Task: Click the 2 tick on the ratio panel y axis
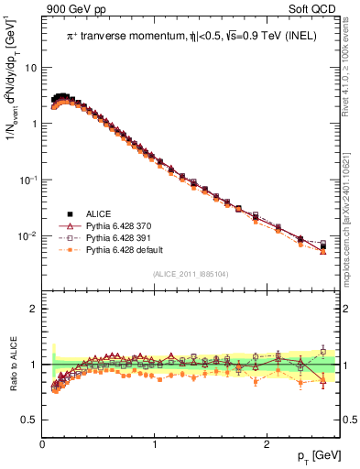tap(35, 309)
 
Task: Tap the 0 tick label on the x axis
tap(42, 444)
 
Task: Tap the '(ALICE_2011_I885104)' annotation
tap(190, 273)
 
